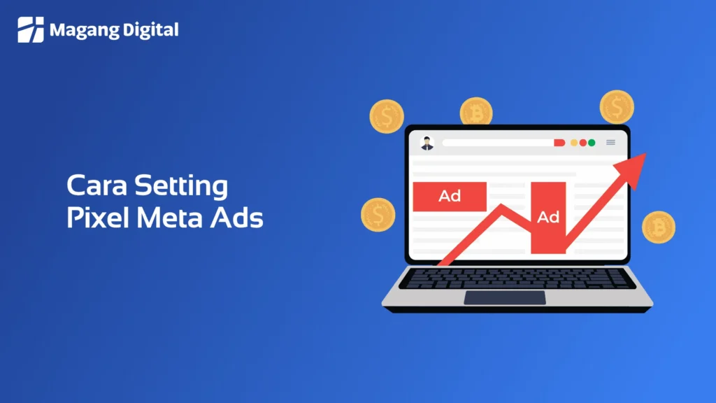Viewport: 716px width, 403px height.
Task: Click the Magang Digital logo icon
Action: coord(31,29)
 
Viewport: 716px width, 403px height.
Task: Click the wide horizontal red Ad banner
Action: coord(450,196)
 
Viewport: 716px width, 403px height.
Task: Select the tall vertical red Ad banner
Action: coord(548,217)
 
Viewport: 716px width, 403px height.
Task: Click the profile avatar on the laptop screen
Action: coord(427,143)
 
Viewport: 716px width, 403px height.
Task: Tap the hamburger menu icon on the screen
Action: coord(610,143)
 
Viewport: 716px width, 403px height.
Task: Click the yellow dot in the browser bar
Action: coord(574,143)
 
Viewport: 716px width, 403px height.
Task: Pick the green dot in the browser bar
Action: coord(592,143)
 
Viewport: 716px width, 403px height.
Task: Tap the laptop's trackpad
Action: coord(505,297)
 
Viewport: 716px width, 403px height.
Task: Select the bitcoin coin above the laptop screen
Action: coord(476,112)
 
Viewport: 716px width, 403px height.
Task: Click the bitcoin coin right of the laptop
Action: coord(658,227)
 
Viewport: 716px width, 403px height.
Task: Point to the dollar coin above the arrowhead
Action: coord(617,107)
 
